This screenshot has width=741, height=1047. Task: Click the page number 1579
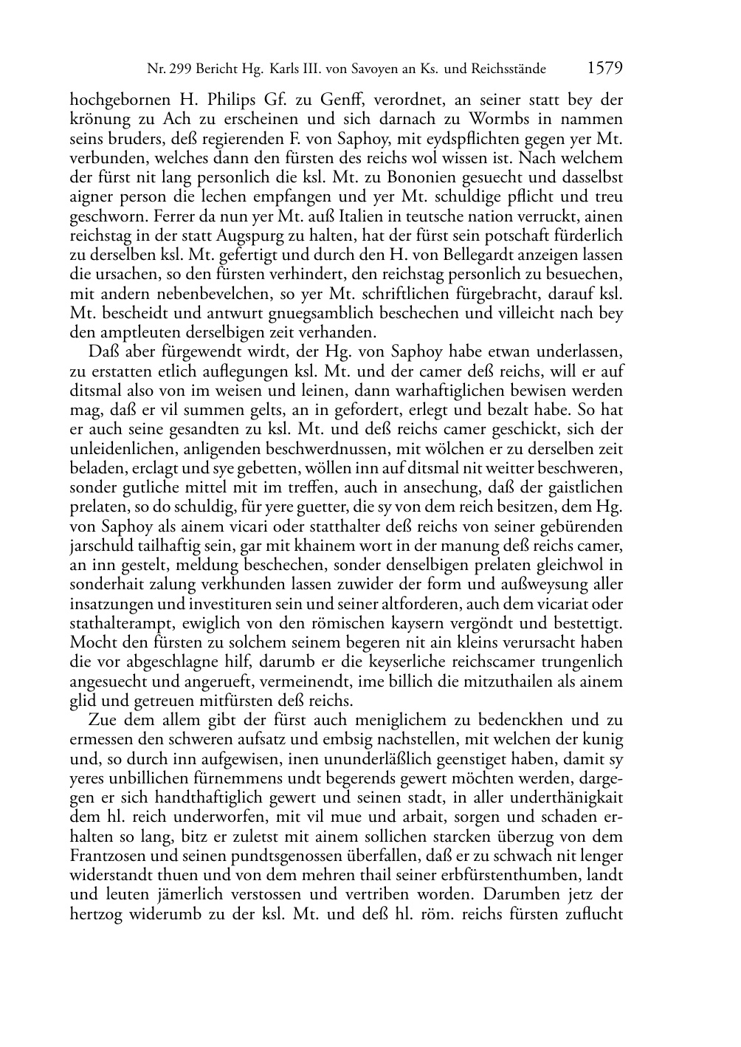pos(606,69)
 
